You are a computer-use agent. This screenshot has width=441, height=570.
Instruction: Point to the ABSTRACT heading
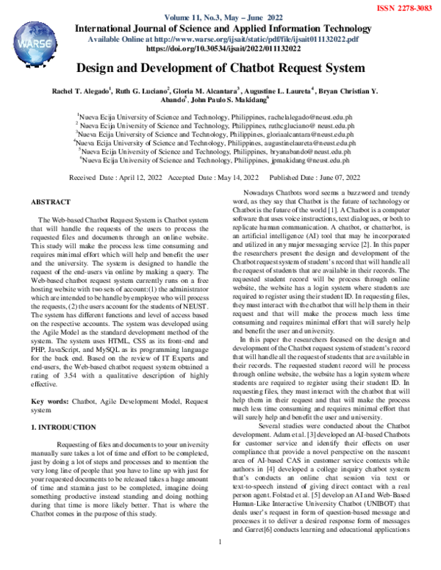(51, 201)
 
